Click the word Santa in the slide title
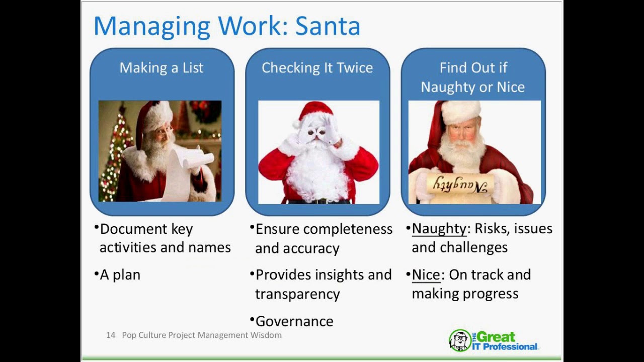click(x=328, y=27)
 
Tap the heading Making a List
click(x=162, y=68)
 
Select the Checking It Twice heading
click(x=317, y=68)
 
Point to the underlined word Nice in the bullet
click(x=426, y=275)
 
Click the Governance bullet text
click(x=294, y=321)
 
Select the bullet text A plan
click(x=120, y=275)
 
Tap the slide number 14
click(x=111, y=335)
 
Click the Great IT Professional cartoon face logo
click(x=459, y=340)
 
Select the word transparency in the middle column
click(x=297, y=294)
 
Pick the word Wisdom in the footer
click(x=266, y=335)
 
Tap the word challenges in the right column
click(x=473, y=247)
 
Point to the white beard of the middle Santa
click(x=317, y=173)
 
